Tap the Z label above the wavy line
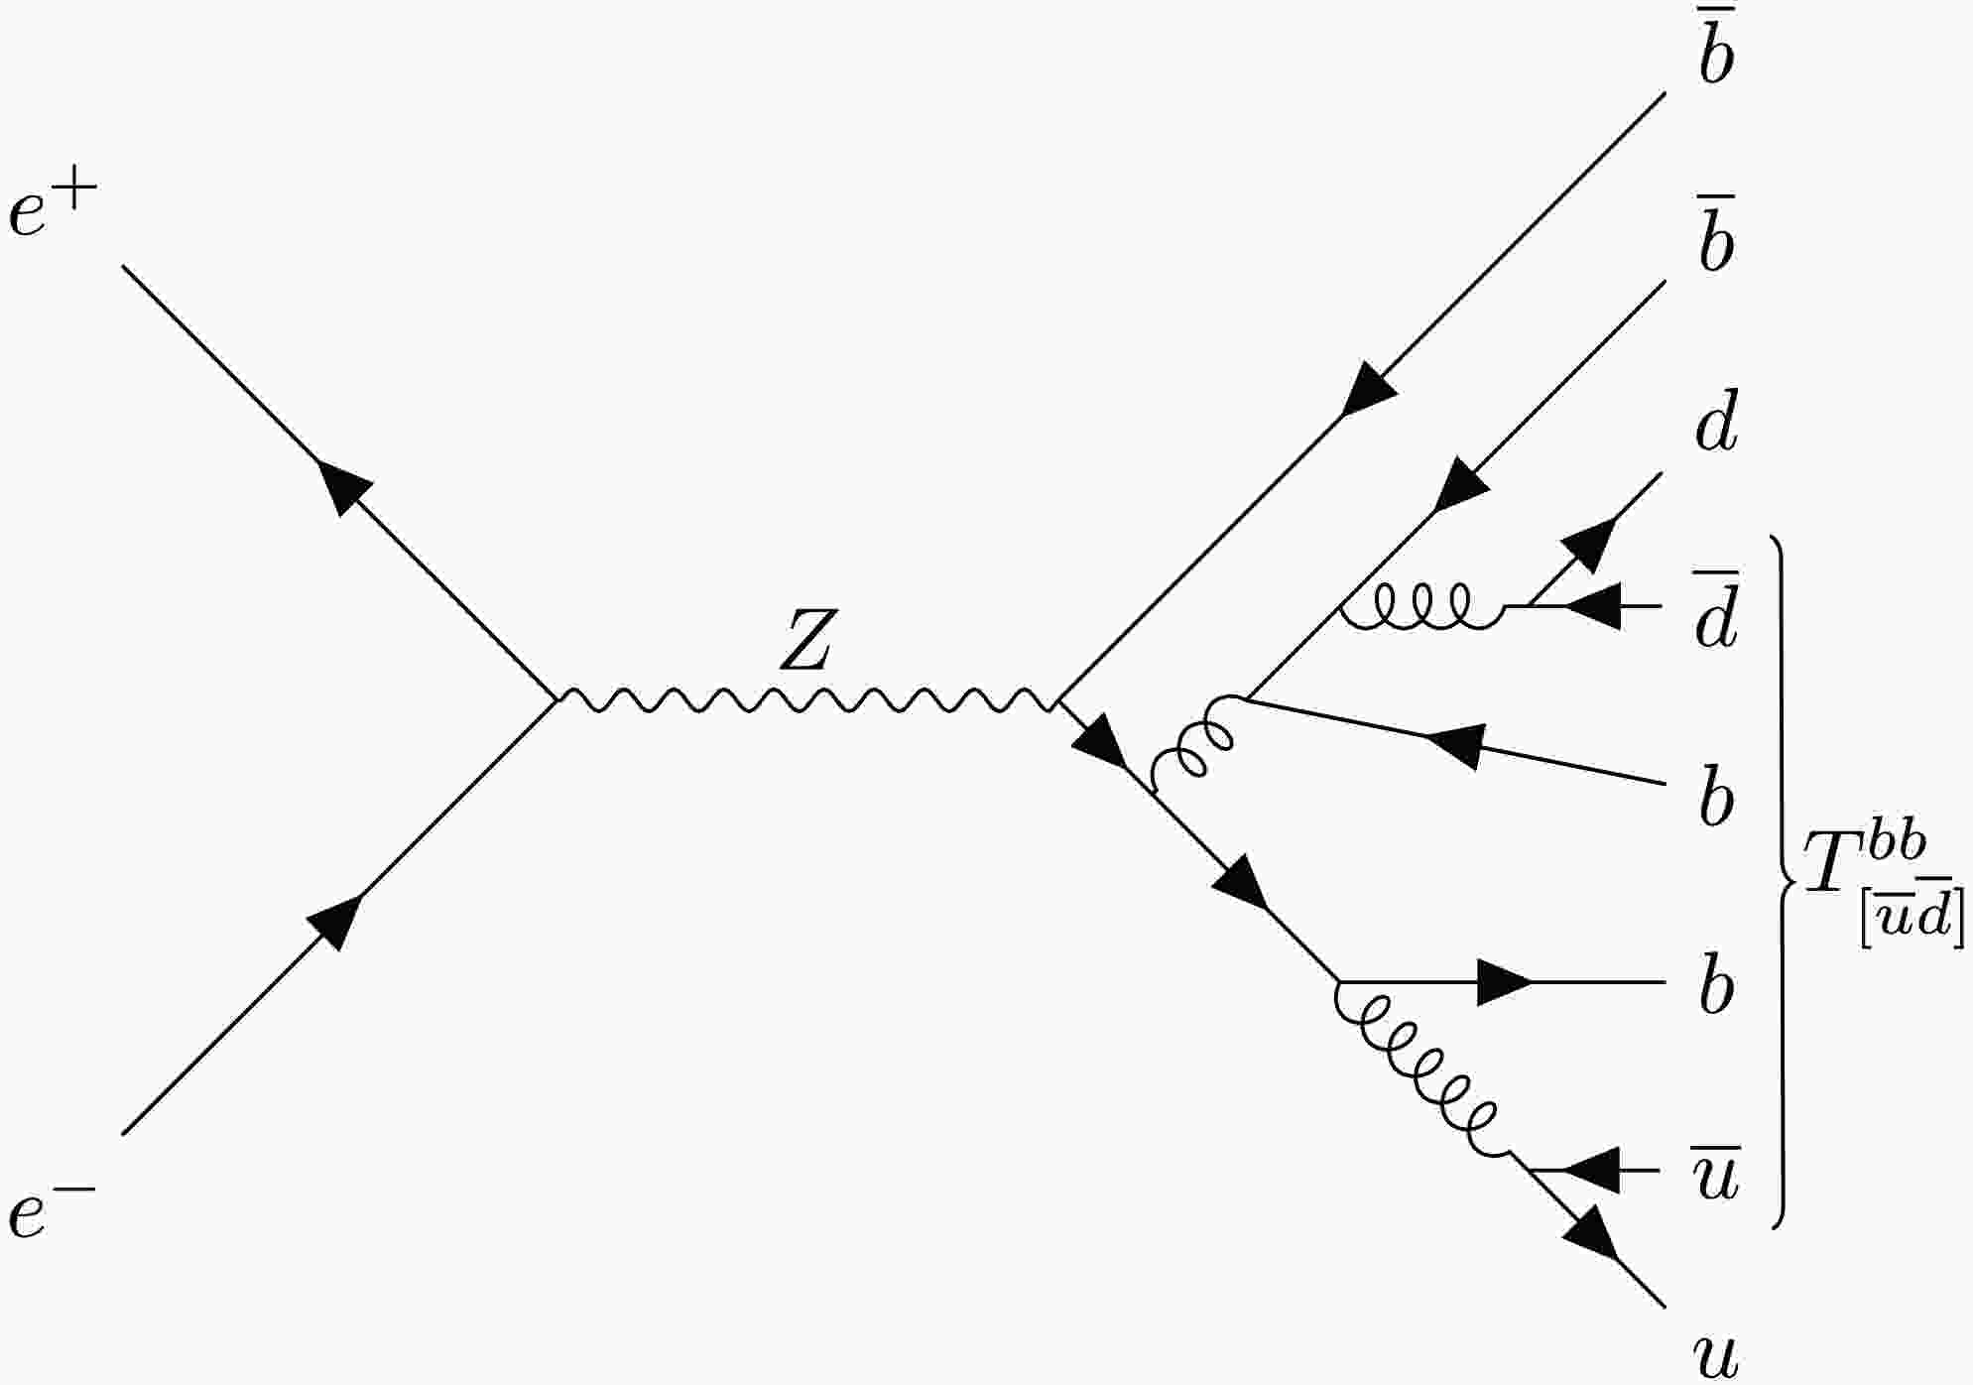click(x=804, y=640)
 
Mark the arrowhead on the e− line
click(x=336, y=922)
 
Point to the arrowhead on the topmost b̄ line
click(x=1368, y=388)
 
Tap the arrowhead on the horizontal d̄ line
click(x=1592, y=605)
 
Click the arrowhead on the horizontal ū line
click(x=1592, y=1171)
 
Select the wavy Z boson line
click(x=806, y=699)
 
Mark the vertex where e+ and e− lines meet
click(x=556, y=699)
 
